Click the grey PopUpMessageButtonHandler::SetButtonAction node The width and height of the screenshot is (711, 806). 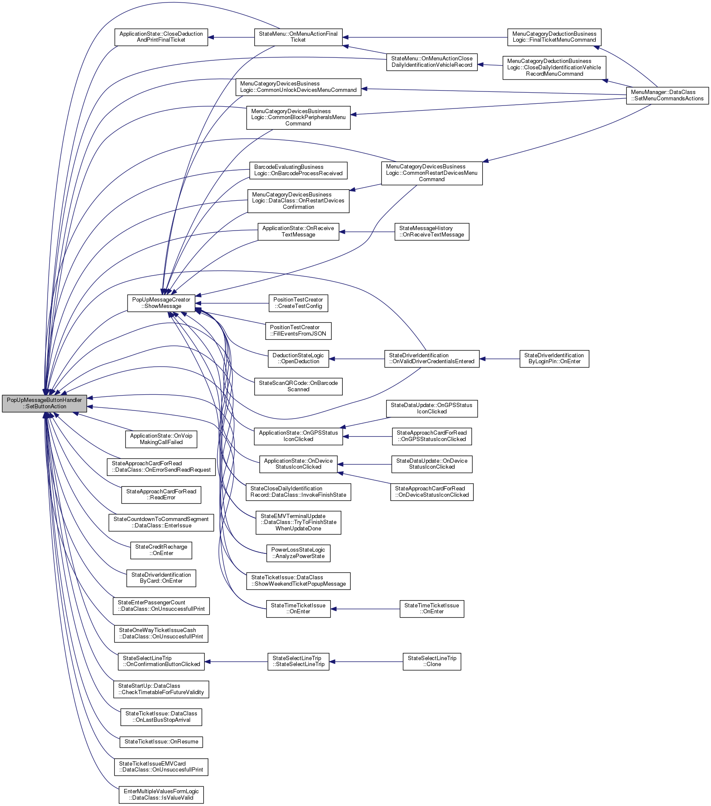44,403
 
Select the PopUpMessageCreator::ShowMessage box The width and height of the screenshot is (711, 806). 161,303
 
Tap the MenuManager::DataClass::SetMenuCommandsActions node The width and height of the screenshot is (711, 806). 667,95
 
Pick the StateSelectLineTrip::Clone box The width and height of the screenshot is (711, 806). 432,661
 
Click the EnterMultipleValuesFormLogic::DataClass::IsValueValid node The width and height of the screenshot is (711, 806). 161,795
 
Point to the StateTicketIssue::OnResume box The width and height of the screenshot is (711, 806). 161,742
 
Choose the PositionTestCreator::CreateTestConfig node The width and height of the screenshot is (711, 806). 298,303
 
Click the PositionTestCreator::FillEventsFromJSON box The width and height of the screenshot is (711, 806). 298,330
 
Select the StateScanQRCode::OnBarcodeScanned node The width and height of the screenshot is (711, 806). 298,386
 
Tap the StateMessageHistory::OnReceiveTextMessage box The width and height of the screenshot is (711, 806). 432,231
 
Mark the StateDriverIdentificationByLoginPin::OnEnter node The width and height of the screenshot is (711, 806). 554,359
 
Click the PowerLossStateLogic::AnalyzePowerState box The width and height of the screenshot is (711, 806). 298,553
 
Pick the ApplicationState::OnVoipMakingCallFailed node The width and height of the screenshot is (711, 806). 161,439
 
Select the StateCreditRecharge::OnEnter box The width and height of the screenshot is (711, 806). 161,550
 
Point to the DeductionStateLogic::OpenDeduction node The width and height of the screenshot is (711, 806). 298,359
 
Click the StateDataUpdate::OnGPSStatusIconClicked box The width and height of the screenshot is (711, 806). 432,408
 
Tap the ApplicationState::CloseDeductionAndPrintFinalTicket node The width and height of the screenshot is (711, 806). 161,37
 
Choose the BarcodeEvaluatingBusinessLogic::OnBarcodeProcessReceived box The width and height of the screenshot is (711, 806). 298,170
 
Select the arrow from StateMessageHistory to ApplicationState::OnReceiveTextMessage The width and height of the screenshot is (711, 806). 367,232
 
